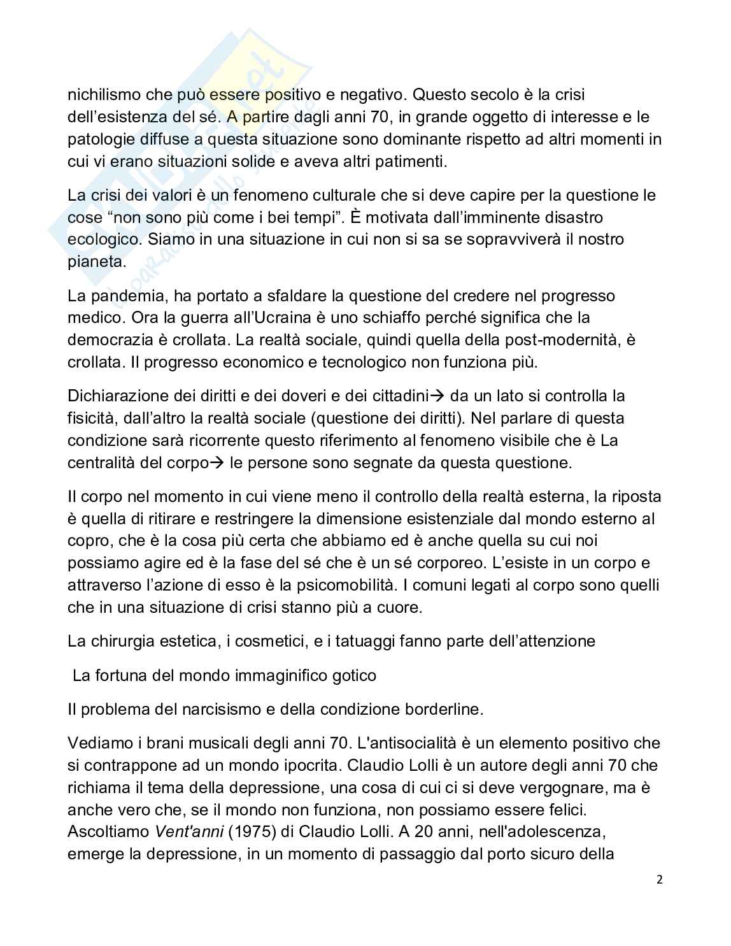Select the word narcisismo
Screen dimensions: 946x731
(202, 708)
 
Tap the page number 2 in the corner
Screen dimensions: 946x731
(659, 880)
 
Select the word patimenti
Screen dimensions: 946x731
(406, 161)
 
